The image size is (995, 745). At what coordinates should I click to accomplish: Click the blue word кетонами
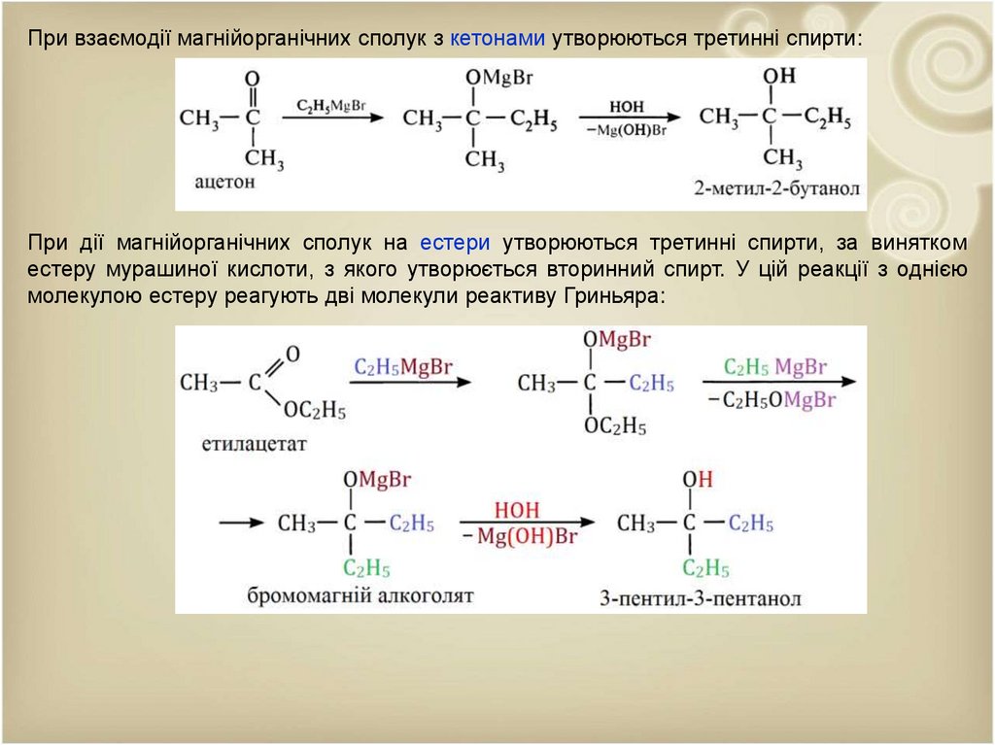pyautogui.click(x=499, y=38)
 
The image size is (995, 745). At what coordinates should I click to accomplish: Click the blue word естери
pyautogui.click(x=455, y=242)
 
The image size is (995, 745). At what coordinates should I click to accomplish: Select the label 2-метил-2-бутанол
pyautogui.click(x=778, y=188)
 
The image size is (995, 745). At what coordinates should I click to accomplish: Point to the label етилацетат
pyautogui.click(x=255, y=444)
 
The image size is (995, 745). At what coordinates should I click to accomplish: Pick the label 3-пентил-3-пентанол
pyautogui.click(x=701, y=598)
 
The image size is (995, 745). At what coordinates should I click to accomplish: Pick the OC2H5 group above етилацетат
pyautogui.click(x=315, y=411)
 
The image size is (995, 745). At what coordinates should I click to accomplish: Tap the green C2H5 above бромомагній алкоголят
pyautogui.click(x=365, y=568)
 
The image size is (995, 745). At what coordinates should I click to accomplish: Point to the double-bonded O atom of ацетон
pyautogui.click(x=252, y=78)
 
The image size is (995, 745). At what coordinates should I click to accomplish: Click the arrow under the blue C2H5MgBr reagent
pyautogui.click(x=409, y=383)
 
